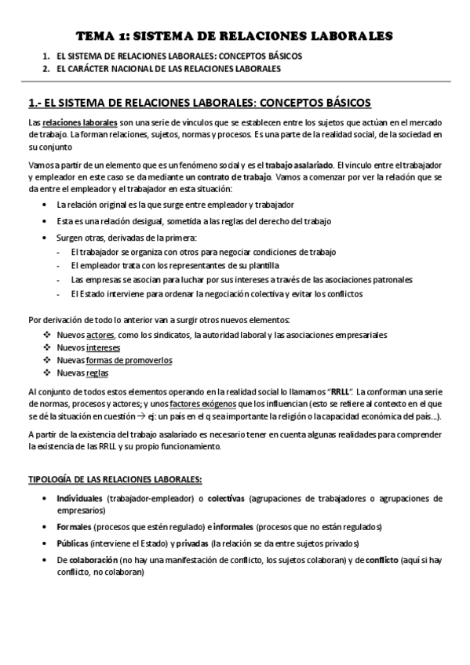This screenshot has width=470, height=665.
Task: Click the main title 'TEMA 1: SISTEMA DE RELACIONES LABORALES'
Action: (x=235, y=35)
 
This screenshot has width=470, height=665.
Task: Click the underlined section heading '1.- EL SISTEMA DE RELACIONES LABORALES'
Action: (x=199, y=103)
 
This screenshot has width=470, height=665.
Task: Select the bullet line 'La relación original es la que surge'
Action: (x=153, y=204)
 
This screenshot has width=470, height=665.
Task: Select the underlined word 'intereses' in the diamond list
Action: (x=104, y=347)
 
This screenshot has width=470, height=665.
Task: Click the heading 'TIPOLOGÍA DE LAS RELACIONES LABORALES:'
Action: (x=115, y=480)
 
